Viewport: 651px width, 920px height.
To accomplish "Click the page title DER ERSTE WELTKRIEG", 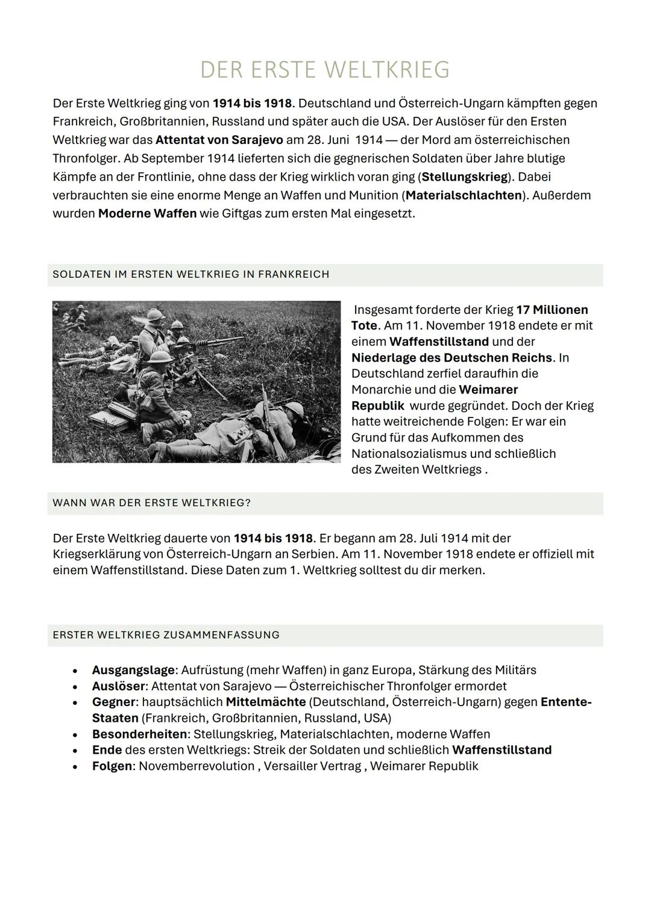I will point(325,70).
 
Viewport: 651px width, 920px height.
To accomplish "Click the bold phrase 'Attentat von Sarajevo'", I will point(219,140).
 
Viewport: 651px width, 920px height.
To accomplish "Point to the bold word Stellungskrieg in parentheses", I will point(464,177).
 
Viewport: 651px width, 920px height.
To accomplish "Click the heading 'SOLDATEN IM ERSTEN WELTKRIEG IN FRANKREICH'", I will point(190,275).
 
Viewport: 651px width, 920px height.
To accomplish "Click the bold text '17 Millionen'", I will point(552,310).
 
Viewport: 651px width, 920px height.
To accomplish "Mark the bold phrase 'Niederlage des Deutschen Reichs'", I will point(451,358).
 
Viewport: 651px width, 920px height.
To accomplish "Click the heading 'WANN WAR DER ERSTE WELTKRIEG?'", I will point(151,503).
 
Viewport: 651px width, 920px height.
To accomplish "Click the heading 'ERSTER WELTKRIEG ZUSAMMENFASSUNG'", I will point(166,635).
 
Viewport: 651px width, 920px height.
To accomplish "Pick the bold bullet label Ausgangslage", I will point(133,670).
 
